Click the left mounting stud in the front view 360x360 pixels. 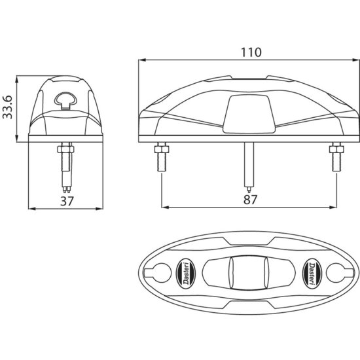[160, 158]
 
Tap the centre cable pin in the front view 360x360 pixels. [247, 164]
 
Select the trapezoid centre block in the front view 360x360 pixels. [247, 115]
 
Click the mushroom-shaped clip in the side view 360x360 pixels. [67, 99]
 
